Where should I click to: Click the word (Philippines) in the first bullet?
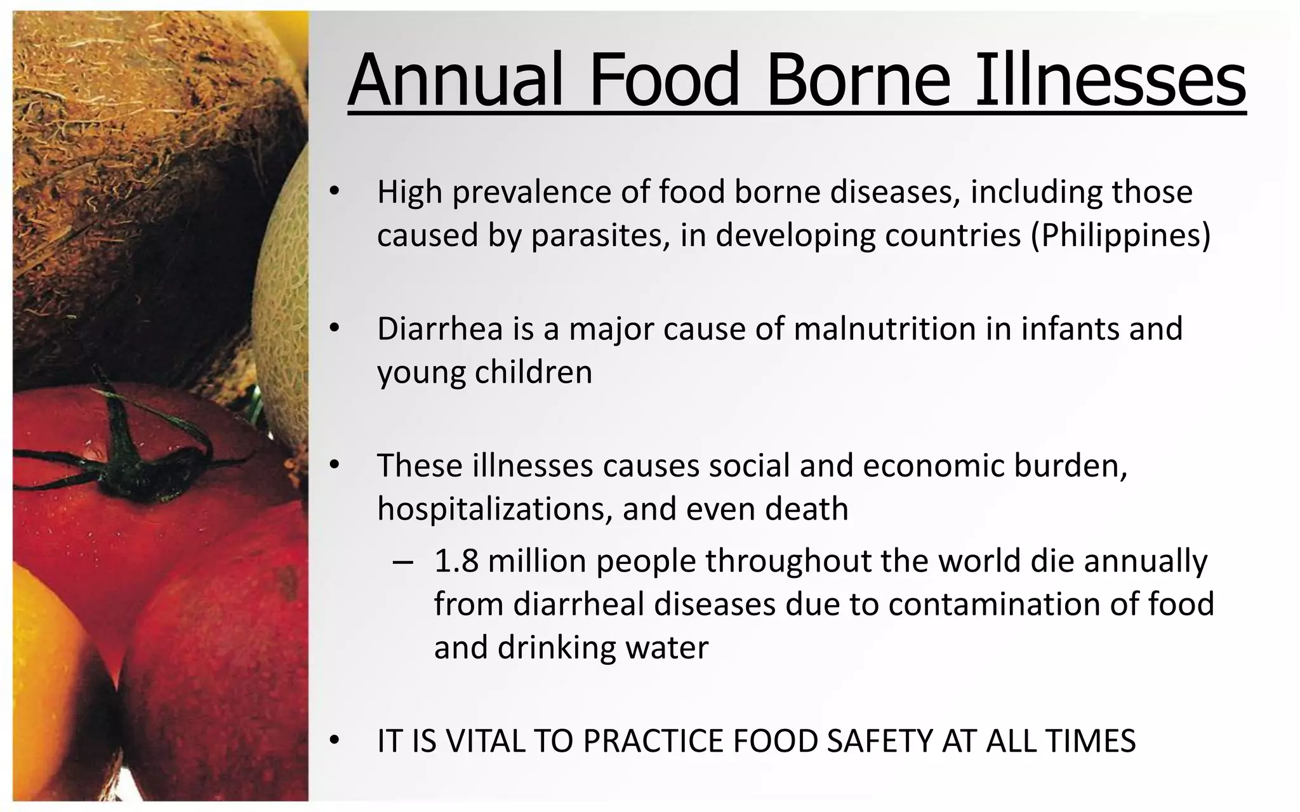[x=1120, y=235]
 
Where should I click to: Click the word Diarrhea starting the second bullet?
[x=440, y=329]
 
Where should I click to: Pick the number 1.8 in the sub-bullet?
[x=456, y=561]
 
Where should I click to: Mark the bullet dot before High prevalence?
[x=335, y=192]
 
